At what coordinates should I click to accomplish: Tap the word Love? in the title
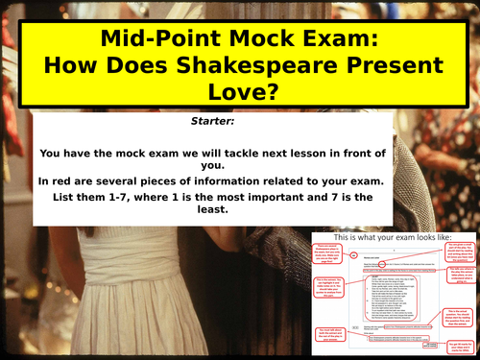click(239, 91)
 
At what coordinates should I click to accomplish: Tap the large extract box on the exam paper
click(388, 292)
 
